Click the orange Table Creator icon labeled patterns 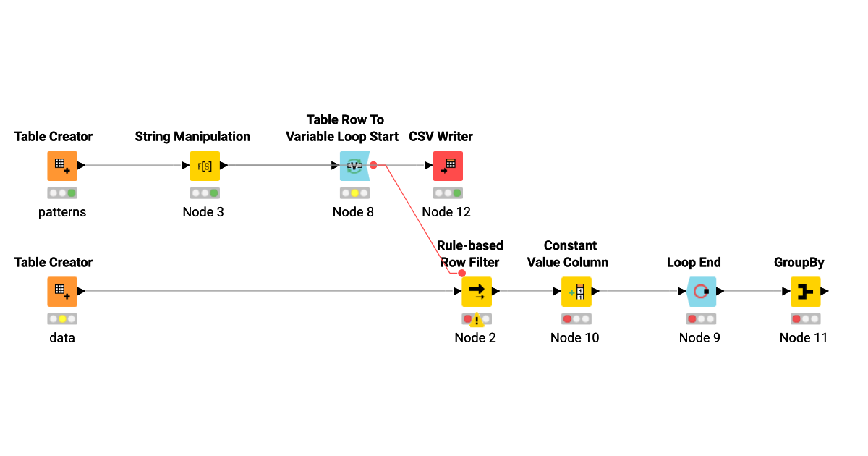coord(62,166)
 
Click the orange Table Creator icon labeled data coord(62,292)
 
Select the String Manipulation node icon coord(205,166)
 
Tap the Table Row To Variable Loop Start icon coord(354,166)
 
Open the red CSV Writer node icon coord(448,166)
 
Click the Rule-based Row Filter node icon coord(477,292)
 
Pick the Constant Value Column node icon coord(576,292)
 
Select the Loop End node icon coord(701,292)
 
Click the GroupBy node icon coord(805,292)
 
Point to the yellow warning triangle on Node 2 coord(477,321)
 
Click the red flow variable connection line coord(417,217)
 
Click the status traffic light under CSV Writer coord(448,193)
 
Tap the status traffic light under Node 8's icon coord(354,193)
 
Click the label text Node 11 coord(803,338)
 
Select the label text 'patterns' coord(62,212)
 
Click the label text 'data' coord(62,338)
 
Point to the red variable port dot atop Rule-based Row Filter coord(462,273)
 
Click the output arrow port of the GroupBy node coord(825,292)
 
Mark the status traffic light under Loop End coord(701,319)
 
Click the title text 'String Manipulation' coord(192,137)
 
